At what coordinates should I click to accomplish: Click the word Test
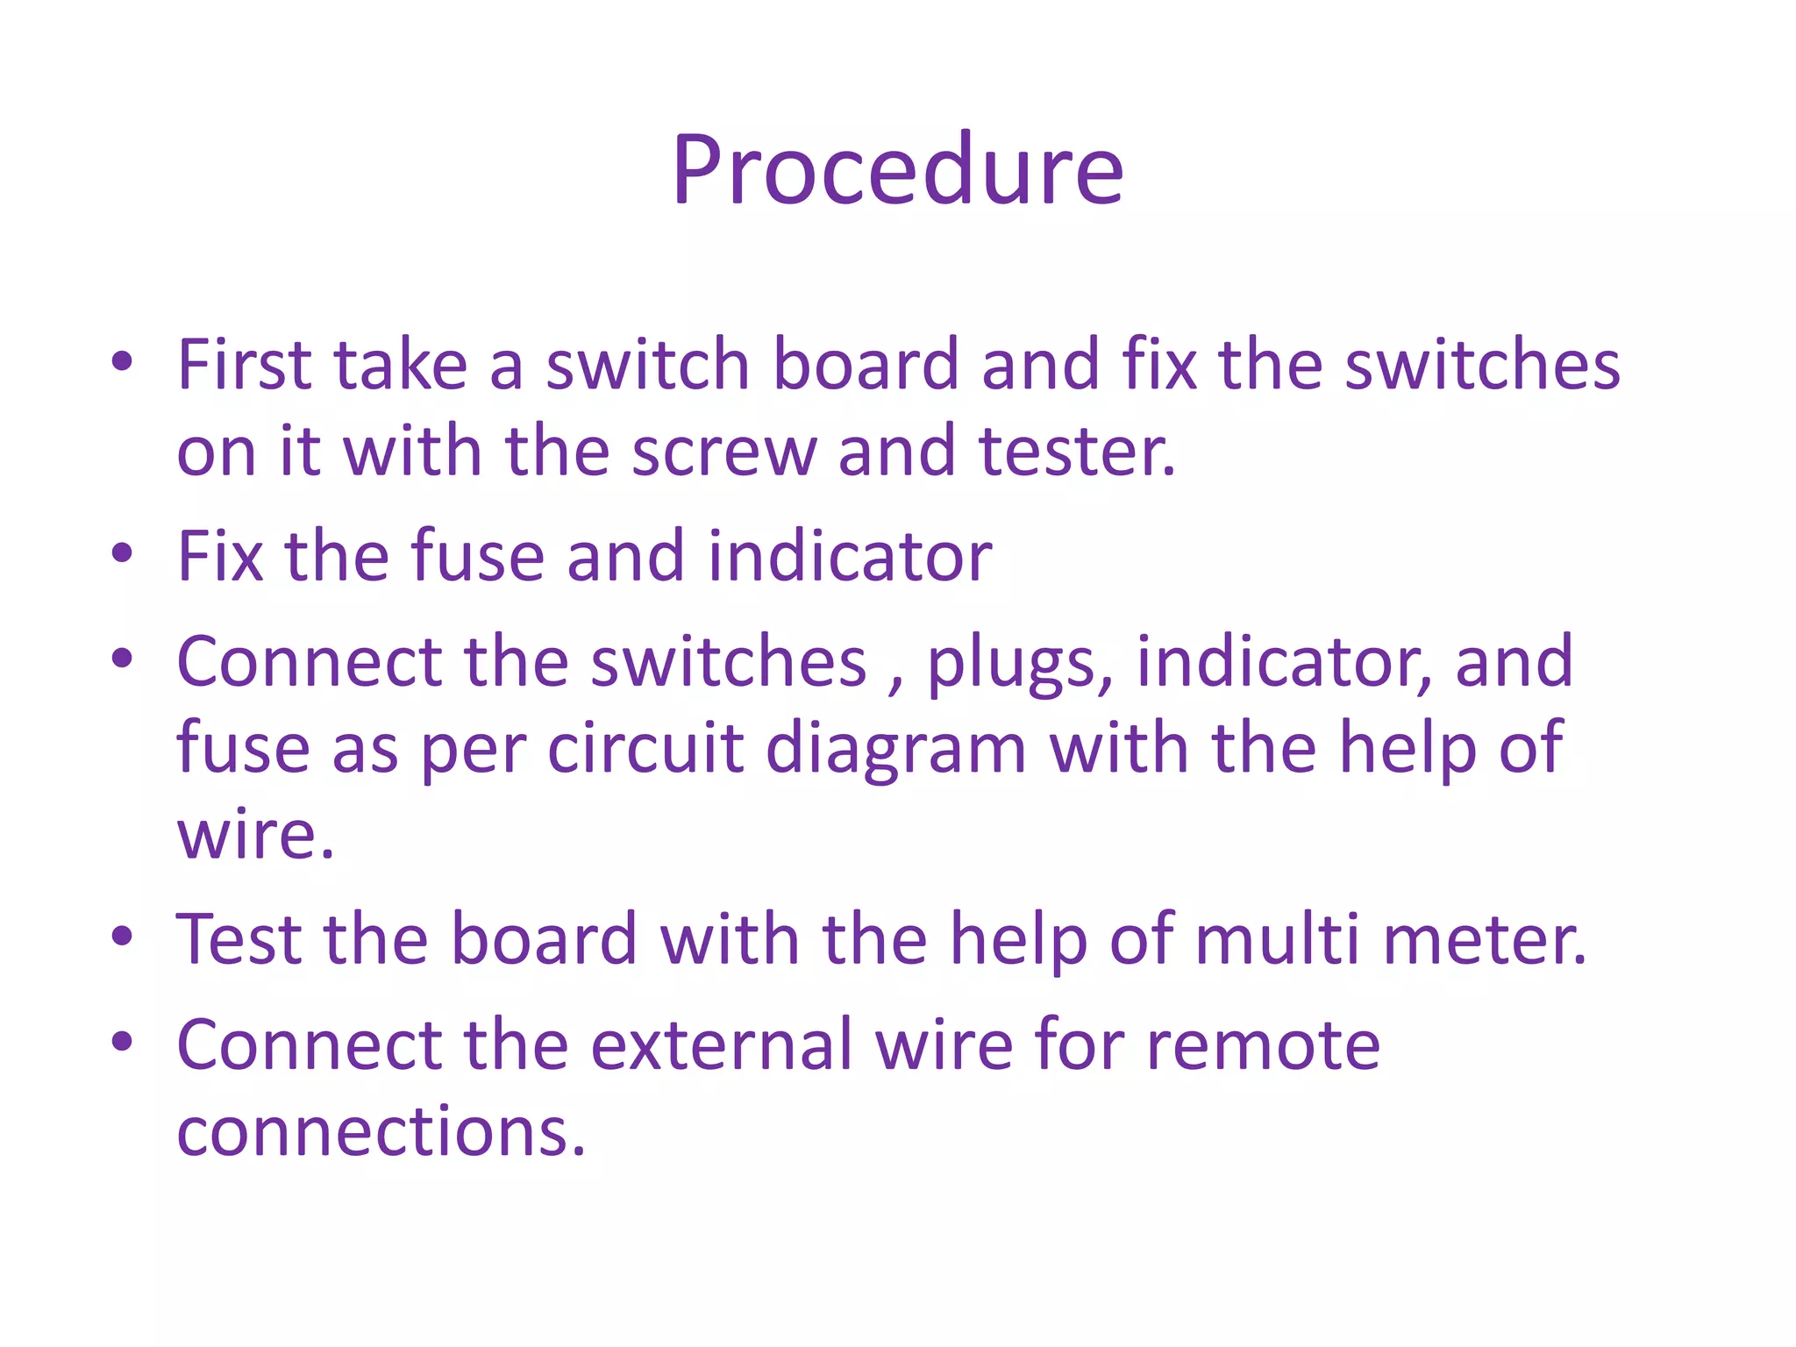click(x=239, y=939)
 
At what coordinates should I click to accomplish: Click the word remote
click(x=1263, y=1044)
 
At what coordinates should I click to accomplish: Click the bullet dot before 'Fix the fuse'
click(x=122, y=553)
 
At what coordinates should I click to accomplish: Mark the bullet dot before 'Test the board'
click(x=122, y=936)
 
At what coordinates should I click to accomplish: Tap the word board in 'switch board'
click(x=865, y=364)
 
